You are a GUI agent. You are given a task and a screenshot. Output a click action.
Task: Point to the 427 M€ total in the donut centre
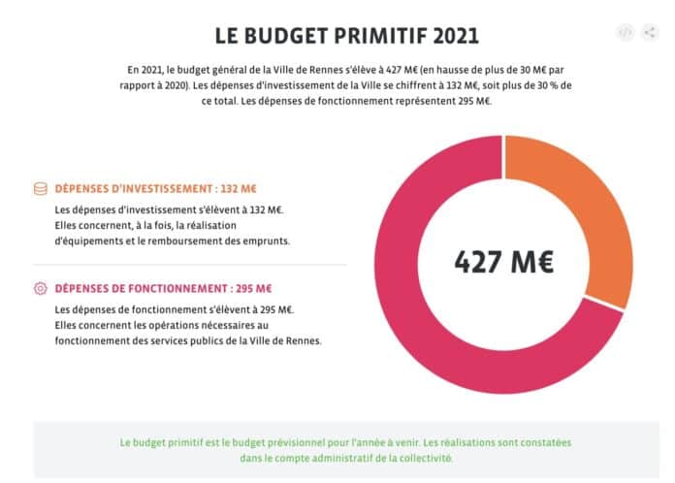pos(503,261)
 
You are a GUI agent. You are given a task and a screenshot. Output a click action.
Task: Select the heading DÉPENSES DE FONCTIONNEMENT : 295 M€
pos(163,288)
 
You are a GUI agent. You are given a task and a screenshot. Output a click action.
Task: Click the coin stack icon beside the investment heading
pos(41,188)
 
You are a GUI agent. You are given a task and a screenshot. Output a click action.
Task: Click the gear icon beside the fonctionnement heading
pos(41,288)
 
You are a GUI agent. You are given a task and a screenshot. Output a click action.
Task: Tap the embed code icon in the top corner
pos(626,32)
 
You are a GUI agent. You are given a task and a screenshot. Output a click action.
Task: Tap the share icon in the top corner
pos(650,32)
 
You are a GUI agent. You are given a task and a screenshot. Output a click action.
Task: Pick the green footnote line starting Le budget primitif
pos(345,441)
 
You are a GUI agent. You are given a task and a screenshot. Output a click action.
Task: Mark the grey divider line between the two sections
pos(189,264)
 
